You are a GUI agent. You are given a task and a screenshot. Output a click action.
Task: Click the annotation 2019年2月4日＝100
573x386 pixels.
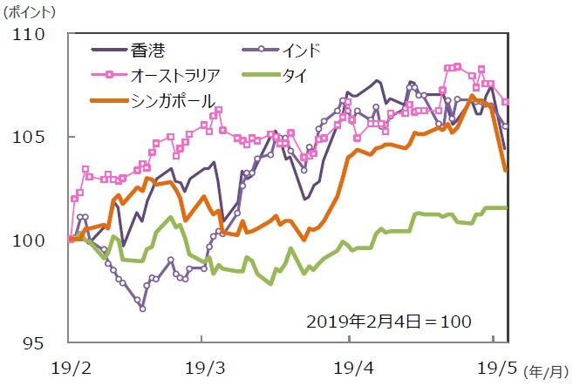click(388, 321)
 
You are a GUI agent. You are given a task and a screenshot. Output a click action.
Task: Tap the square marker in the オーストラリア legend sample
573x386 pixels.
click(111, 74)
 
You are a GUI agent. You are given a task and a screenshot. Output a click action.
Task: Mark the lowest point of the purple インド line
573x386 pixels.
click(142, 308)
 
